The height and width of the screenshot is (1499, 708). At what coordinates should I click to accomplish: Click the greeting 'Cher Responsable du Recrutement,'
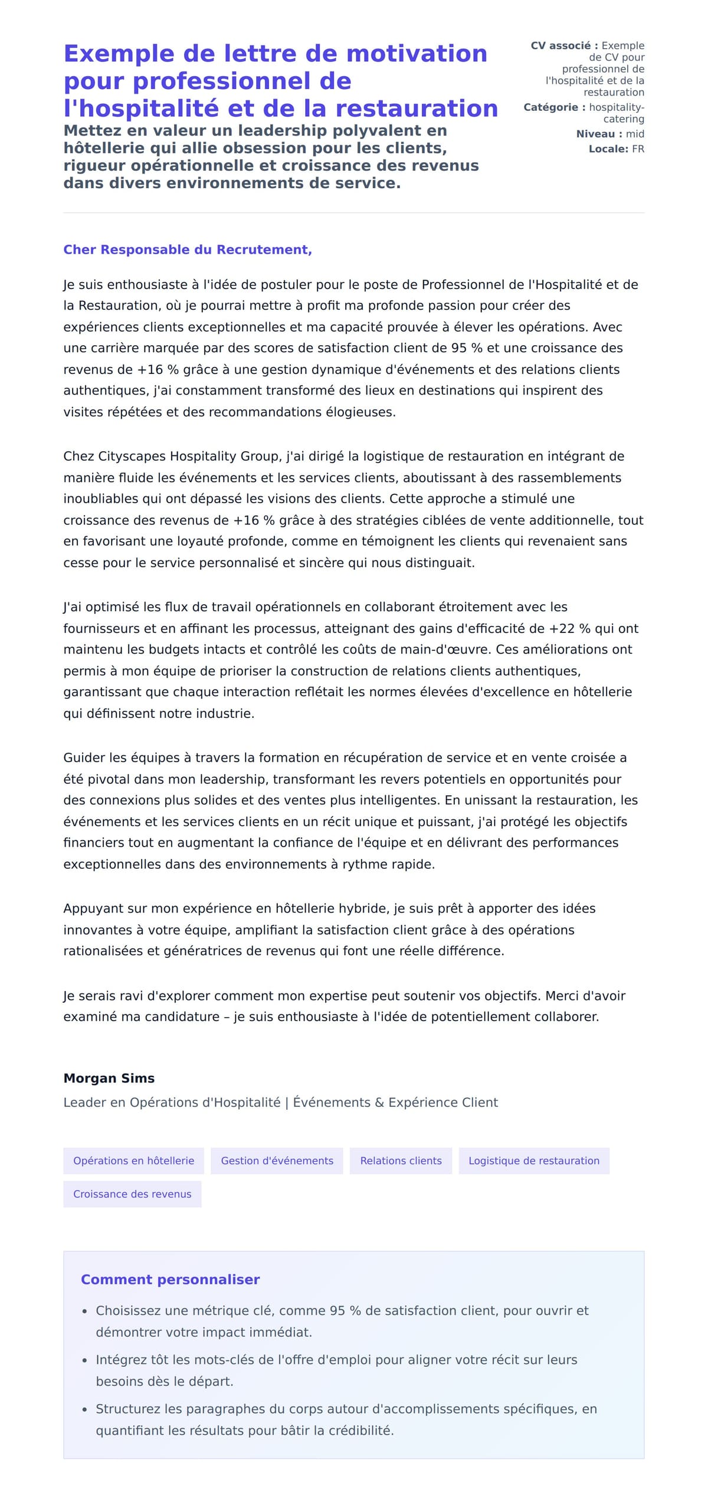188,250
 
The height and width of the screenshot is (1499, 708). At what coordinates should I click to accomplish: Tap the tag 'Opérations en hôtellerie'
133,1160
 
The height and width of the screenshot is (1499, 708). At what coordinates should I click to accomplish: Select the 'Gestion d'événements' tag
277,1160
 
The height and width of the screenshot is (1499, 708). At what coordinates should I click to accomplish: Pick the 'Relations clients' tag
401,1160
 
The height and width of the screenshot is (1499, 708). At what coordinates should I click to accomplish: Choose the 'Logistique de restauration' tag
533,1160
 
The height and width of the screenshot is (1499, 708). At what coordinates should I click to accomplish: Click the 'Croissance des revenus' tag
132,1194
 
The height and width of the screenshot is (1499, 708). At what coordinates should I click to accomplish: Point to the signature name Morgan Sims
109,1078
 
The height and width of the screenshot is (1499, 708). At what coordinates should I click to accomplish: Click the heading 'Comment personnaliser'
170,1280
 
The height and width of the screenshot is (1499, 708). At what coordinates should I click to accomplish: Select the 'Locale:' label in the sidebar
608,149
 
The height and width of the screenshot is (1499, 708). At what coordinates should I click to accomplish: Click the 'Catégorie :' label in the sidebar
555,107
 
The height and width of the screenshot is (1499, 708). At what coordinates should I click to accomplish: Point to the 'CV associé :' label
564,45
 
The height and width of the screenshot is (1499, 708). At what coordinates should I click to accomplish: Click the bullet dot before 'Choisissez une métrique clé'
85,1311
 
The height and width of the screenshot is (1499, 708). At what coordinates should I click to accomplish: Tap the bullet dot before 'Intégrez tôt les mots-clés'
85,1360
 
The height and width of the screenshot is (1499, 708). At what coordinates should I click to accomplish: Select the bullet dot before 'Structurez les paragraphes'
85,1409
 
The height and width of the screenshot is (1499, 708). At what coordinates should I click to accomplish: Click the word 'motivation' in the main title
417,54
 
